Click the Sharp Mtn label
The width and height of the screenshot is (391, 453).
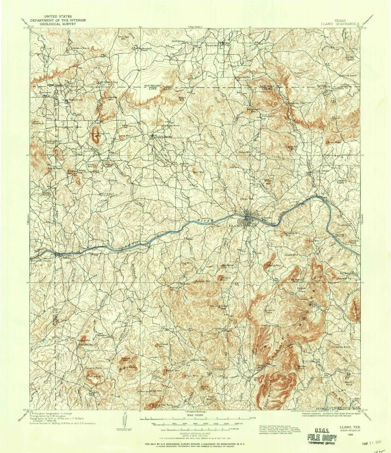[x=274, y=266]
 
